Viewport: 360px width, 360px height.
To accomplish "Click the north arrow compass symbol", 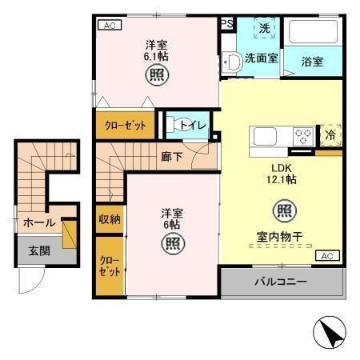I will (x=334, y=331).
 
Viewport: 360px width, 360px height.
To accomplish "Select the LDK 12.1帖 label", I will (x=282, y=174).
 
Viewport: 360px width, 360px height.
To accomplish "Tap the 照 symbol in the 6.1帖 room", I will (x=156, y=77).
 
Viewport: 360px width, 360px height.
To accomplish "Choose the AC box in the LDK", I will (x=326, y=256).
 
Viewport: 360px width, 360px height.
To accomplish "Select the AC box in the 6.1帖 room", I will (x=110, y=25).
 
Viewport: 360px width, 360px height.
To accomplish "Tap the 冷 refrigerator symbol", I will (x=330, y=135).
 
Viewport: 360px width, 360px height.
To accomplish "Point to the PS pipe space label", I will (x=227, y=24).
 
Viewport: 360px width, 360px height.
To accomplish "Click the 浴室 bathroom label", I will (x=312, y=61).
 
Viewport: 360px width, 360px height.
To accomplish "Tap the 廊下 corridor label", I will (x=170, y=156).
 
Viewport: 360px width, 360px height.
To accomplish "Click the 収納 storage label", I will (x=110, y=218).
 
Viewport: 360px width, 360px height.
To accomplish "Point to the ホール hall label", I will (x=38, y=222).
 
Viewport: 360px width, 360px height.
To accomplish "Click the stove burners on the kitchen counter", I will (x=303, y=135).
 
